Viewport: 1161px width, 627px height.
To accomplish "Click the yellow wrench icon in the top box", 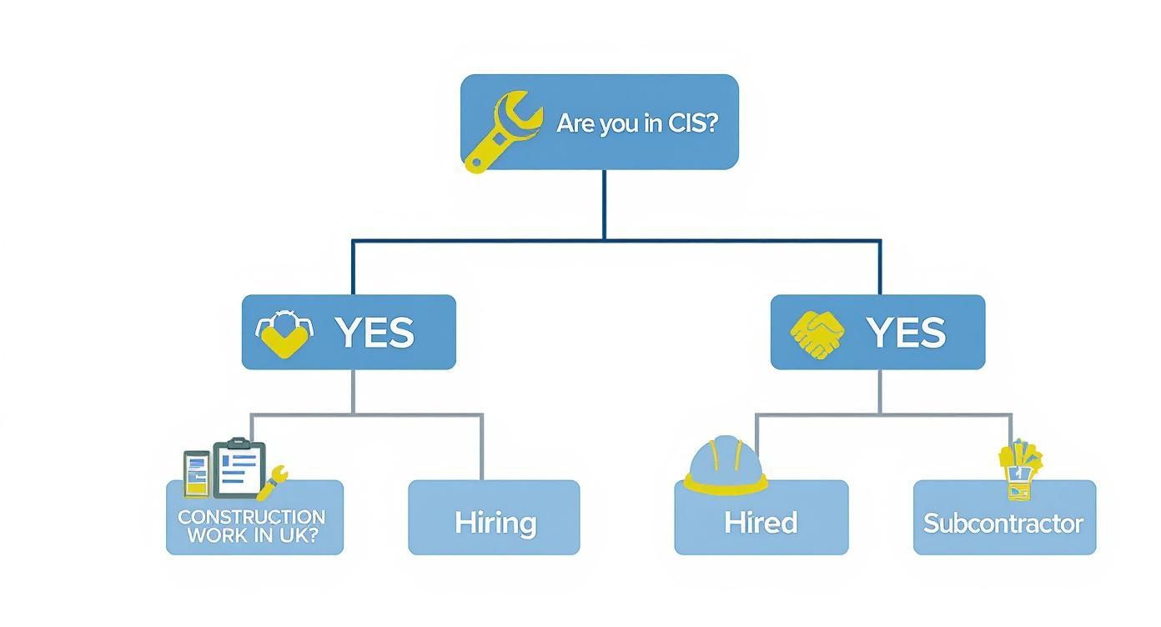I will (x=500, y=131).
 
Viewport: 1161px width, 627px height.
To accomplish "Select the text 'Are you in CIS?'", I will (x=637, y=124).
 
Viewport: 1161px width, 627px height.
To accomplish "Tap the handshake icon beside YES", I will (x=817, y=334).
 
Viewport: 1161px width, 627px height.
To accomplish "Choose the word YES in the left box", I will (x=374, y=333).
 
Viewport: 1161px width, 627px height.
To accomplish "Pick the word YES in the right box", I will (x=906, y=333).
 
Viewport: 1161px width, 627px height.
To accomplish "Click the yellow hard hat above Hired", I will (x=724, y=464).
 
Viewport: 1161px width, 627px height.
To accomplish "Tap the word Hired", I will (x=761, y=523).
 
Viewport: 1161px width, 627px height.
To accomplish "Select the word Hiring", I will (x=495, y=523).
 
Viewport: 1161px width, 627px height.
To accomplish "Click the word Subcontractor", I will (x=1003, y=524).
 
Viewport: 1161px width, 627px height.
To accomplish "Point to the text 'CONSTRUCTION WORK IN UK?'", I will (x=252, y=526).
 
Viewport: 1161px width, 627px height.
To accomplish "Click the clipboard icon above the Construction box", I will (x=239, y=468).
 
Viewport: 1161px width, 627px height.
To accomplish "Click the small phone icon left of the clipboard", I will (x=197, y=474).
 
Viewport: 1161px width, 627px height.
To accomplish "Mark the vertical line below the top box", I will (x=604, y=204).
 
